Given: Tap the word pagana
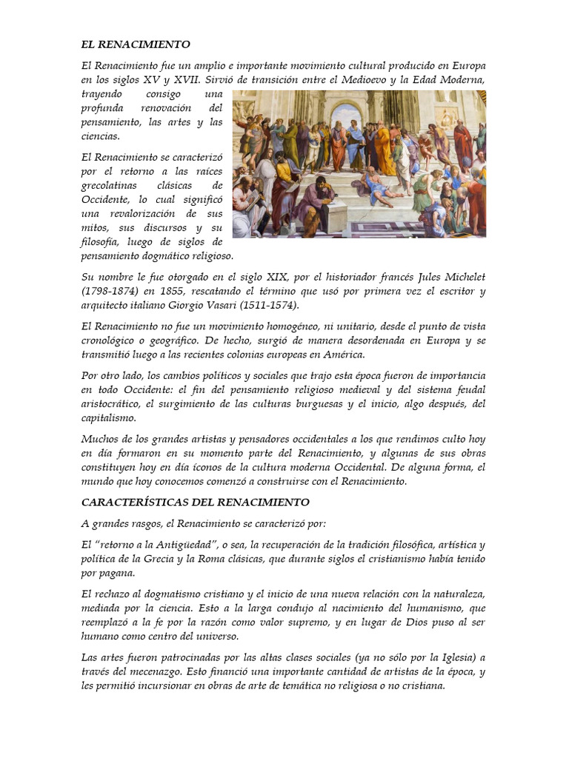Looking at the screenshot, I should [119, 574].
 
